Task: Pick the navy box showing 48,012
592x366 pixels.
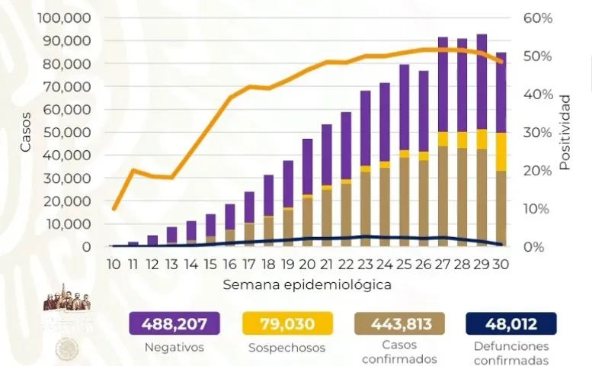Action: (510, 324)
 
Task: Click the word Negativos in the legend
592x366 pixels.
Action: (174, 348)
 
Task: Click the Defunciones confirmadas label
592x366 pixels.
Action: (510, 353)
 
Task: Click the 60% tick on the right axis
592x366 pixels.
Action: (537, 18)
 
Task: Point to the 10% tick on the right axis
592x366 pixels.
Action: (537, 209)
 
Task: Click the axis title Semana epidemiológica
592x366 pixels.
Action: (307, 284)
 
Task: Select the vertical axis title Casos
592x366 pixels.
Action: (26, 133)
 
